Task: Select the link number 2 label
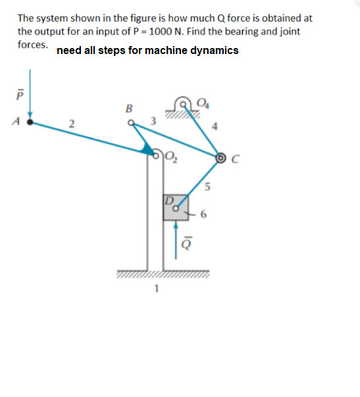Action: click(74, 122)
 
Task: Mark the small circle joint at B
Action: click(130, 120)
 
